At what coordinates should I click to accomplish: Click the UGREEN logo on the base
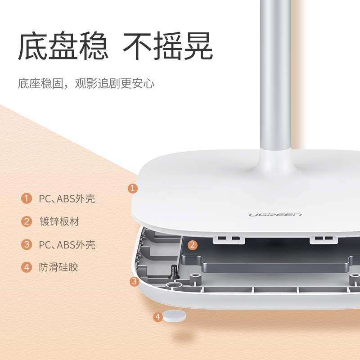click(275, 214)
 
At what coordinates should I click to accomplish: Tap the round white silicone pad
click(174, 316)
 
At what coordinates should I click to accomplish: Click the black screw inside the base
click(174, 270)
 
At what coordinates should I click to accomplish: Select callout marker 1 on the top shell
click(132, 188)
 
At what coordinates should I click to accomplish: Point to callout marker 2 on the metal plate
click(193, 245)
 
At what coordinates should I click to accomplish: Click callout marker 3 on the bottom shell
click(134, 282)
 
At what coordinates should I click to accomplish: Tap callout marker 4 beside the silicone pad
click(157, 317)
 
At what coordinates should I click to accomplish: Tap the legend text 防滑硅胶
click(58, 267)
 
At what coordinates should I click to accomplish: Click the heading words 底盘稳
click(63, 47)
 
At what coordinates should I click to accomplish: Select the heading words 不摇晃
click(168, 47)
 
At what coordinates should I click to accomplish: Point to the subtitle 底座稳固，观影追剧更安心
click(86, 84)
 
